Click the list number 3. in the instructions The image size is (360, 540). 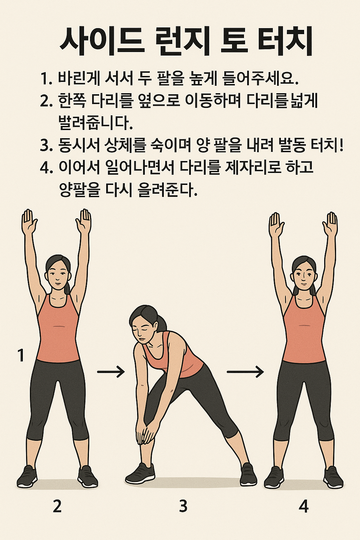[x=46, y=146]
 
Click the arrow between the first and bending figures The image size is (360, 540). [x=111, y=372]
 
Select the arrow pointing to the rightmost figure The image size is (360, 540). [x=245, y=372]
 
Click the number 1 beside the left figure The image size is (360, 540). [x=21, y=355]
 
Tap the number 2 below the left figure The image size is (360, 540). [x=57, y=506]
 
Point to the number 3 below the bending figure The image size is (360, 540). [x=183, y=506]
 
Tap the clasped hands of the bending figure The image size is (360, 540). [x=145, y=434]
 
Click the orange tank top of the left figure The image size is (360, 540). [x=58, y=330]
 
